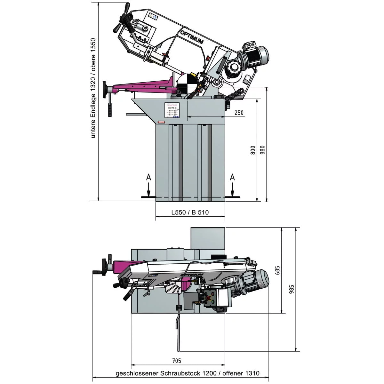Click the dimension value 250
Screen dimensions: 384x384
point(239,113)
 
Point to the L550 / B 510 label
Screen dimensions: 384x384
point(190,212)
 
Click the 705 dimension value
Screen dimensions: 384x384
point(177,361)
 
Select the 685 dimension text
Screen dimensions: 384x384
point(277,270)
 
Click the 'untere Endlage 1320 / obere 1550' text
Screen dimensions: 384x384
point(93,88)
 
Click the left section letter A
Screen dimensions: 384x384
point(148,177)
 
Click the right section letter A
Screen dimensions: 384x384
point(233,177)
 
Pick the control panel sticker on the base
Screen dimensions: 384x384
point(172,111)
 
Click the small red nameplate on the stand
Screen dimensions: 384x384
point(161,122)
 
